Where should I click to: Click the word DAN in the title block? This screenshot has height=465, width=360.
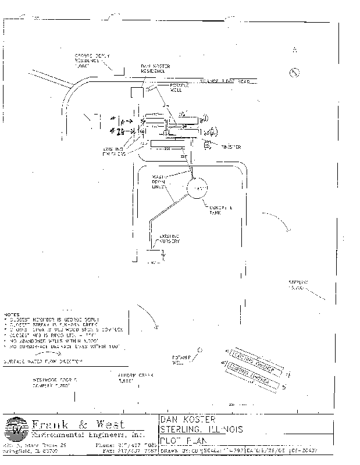(x=169, y=419)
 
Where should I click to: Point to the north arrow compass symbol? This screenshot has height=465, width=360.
(x=295, y=72)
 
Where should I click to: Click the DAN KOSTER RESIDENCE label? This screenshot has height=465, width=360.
(x=155, y=69)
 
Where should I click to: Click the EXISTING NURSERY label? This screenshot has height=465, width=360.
(x=169, y=238)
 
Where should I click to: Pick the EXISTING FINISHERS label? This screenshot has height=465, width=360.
(x=114, y=153)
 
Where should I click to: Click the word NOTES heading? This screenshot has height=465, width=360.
(x=12, y=313)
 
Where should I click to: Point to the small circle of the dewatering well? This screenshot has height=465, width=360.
(x=199, y=350)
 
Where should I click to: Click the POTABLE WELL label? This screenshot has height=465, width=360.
(x=176, y=87)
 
